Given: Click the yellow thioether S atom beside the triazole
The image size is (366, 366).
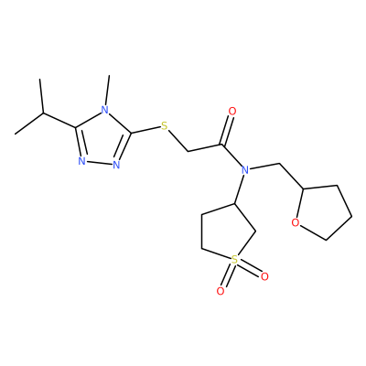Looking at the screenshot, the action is pos(165,125).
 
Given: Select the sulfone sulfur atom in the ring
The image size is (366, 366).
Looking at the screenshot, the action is pos(234,260).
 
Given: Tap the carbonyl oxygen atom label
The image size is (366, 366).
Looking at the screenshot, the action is pos(232,112).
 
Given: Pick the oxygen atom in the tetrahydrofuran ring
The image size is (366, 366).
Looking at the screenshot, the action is pos(295,223).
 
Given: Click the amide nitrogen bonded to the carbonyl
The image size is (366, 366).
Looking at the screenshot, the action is pos(244,170).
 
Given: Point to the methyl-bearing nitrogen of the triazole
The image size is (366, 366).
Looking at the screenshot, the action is pos(104,109).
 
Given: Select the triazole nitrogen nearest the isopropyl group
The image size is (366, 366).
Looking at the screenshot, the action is pos(81,161).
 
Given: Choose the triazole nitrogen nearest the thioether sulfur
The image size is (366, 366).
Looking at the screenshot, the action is pos(116,165).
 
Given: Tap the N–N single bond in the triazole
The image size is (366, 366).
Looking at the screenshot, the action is pos(99,163).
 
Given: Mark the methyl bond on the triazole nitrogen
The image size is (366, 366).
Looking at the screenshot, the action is pos(107,91).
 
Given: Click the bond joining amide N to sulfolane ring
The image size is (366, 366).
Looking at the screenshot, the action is pos(239,189).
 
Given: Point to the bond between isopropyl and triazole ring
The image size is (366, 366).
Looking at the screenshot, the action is pos(59,120).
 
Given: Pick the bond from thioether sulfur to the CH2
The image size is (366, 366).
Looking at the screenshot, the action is pos(178,141).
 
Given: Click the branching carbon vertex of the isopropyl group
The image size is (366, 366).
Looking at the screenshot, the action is pos(43,113).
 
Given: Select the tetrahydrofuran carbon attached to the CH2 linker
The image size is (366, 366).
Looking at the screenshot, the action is pos(303,189).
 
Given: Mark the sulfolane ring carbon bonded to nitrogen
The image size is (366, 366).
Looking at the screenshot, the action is pos(234,203).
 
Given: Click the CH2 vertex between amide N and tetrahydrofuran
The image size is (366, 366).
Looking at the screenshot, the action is pos(280,164).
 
